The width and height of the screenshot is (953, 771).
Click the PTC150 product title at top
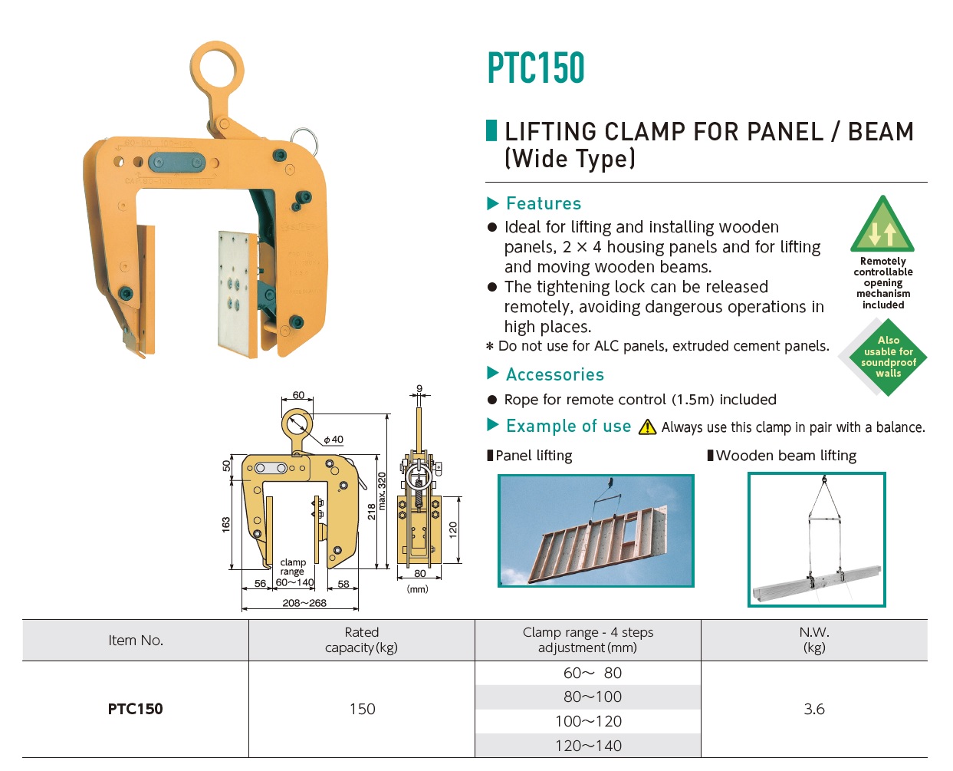click(536, 68)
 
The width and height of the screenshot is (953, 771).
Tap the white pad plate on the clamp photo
click(235, 292)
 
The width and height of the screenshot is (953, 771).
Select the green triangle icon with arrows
click(882, 226)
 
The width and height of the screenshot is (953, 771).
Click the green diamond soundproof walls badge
click(888, 357)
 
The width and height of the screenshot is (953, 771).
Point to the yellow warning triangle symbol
click(648, 427)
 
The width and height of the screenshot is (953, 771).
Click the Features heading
click(544, 203)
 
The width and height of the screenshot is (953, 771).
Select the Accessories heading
click(555, 374)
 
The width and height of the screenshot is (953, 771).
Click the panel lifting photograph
click(596, 531)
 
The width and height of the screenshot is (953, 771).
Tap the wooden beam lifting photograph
click(817, 539)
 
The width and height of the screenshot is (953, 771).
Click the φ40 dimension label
click(334, 440)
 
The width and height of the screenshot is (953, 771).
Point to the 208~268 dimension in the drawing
click(304, 603)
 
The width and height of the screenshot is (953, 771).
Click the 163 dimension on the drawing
click(226, 525)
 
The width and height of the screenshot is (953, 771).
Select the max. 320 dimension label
click(382, 491)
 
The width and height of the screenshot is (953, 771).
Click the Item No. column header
click(136, 641)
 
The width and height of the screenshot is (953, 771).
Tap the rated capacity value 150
click(362, 709)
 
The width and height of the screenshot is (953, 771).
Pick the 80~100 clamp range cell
click(588, 697)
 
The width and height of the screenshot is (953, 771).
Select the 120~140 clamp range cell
click(588, 746)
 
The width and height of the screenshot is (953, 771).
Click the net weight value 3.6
click(814, 709)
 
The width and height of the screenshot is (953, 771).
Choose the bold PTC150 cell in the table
click(136, 709)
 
